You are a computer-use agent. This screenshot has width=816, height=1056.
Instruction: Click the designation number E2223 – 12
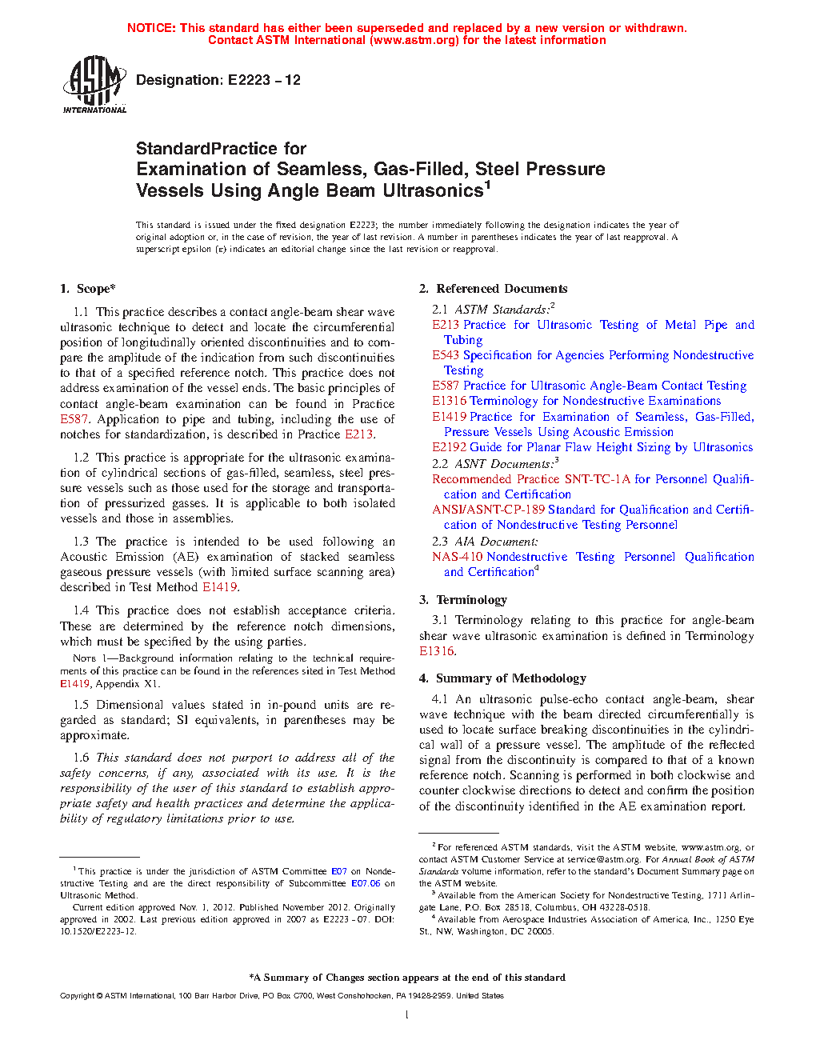click(264, 80)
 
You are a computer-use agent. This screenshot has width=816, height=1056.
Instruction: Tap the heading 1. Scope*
click(88, 289)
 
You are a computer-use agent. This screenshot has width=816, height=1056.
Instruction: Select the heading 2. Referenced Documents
click(494, 289)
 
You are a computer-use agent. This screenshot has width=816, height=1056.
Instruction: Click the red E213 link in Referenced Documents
click(446, 325)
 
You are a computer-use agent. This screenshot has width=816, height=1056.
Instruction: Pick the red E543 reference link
click(446, 355)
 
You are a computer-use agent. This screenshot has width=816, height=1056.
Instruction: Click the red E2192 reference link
click(449, 447)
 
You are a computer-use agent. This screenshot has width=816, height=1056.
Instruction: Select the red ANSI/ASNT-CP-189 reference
click(488, 510)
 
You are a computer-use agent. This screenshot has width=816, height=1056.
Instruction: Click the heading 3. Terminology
click(463, 600)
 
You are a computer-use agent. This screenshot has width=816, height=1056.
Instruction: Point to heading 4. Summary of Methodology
click(502, 678)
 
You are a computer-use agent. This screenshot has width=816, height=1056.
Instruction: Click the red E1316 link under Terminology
click(436, 651)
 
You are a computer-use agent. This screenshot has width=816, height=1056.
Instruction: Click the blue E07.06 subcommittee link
click(366, 883)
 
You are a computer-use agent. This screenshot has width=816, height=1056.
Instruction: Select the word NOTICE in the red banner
click(151, 28)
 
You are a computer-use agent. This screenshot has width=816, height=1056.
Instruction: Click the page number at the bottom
click(407, 1015)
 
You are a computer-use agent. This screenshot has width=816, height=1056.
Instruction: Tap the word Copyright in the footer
click(77, 996)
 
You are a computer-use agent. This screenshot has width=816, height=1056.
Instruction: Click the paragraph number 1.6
click(81, 758)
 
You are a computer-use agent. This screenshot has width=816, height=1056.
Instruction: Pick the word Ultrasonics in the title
click(433, 190)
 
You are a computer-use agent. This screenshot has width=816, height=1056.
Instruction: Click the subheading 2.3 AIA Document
click(474, 542)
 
